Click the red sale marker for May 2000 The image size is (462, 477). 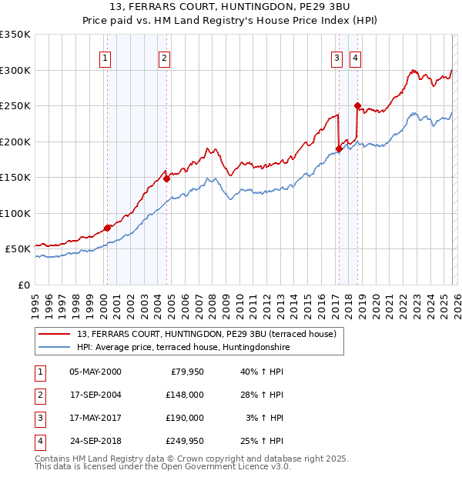click(107, 228)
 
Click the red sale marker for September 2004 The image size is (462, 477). click(166, 178)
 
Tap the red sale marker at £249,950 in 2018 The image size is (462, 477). click(357, 105)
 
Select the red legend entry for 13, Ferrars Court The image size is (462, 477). click(206, 334)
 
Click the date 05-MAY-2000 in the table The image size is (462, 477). click(95, 372)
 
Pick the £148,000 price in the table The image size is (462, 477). click(184, 395)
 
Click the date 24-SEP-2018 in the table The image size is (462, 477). click(95, 441)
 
